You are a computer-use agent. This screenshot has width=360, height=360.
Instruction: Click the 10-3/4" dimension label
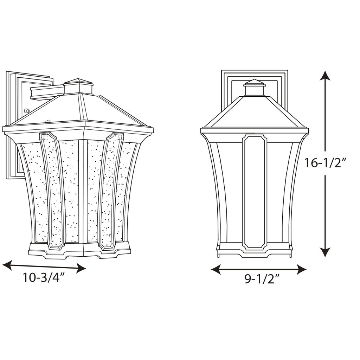click(44, 278)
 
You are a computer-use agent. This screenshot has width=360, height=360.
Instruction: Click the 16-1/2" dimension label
click(326, 163)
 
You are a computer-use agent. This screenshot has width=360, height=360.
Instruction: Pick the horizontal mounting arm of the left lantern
click(47, 93)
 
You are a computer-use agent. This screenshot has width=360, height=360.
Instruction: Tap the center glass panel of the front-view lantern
click(255, 192)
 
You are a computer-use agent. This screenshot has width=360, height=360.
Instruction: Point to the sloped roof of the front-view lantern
click(255, 112)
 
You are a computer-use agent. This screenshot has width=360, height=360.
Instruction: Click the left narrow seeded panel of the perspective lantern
click(53, 190)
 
